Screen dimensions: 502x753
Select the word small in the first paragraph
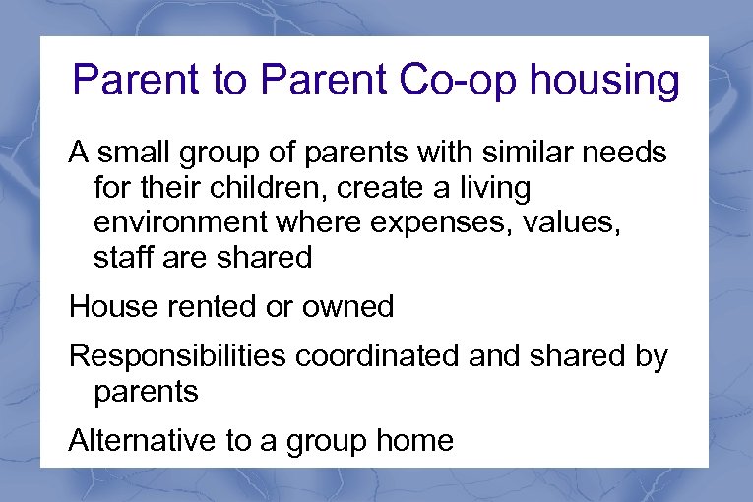coord(129,154)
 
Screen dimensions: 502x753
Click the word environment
coord(185,222)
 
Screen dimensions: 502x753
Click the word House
coord(108,306)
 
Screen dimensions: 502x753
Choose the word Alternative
coord(143,440)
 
